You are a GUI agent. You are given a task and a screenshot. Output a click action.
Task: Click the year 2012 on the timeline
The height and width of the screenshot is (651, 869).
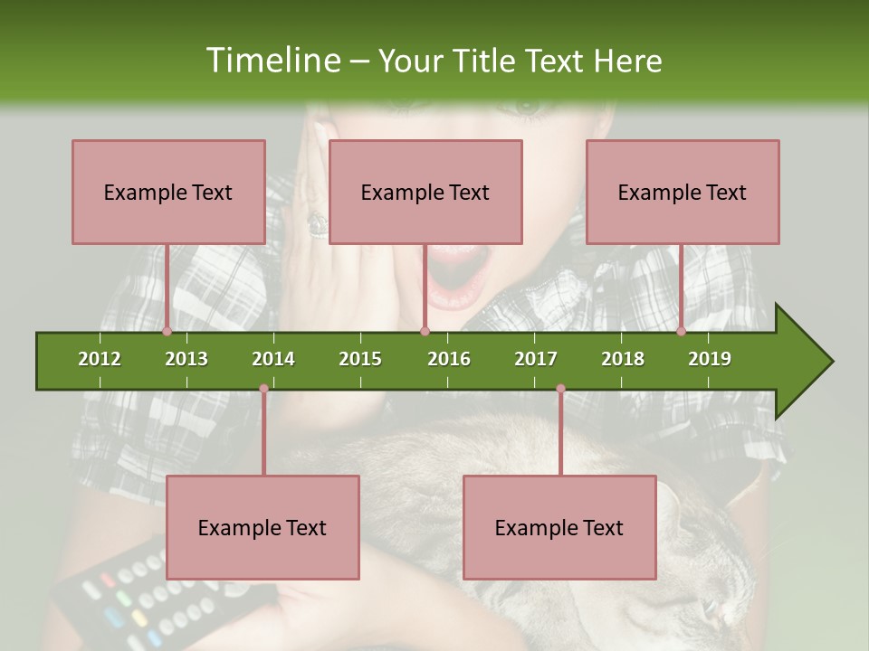pyautogui.click(x=100, y=359)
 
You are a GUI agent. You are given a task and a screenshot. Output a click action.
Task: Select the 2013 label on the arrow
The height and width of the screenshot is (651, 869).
pyautogui.click(x=186, y=359)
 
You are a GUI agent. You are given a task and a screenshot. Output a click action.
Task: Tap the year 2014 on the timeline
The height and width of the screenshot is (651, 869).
pyautogui.click(x=273, y=359)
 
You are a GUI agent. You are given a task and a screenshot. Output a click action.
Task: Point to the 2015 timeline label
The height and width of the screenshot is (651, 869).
pyautogui.click(x=360, y=359)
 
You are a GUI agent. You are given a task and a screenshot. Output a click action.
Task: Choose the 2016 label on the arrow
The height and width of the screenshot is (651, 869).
pyautogui.click(x=449, y=359)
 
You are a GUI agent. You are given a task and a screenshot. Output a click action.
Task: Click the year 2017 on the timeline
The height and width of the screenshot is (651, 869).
pyautogui.click(x=536, y=359)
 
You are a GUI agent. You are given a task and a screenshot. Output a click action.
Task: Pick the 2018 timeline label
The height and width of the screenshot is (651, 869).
pyautogui.click(x=623, y=359)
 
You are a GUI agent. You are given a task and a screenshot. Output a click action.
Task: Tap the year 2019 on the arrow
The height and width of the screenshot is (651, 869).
pyautogui.click(x=710, y=359)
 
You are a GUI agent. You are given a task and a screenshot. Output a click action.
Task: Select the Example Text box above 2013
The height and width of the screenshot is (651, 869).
pyautogui.click(x=168, y=192)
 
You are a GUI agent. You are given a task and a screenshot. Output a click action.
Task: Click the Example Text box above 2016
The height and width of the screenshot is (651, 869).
pyautogui.click(x=425, y=192)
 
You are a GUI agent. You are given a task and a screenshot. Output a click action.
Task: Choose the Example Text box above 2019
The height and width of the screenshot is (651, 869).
pyautogui.click(x=683, y=192)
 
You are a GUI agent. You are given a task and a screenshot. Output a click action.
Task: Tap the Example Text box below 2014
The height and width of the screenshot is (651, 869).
pyautogui.click(x=263, y=527)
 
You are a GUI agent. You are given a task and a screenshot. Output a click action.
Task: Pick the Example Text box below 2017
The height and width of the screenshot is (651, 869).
pyautogui.click(x=559, y=527)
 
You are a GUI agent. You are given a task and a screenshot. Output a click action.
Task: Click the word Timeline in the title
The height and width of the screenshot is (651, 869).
pyautogui.click(x=272, y=61)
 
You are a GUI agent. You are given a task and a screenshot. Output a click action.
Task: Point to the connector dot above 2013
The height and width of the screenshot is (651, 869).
pyautogui.click(x=167, y=331)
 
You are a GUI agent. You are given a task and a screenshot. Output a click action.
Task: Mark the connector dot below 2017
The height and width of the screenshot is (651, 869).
pyautogui.click(x=560, y=389)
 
